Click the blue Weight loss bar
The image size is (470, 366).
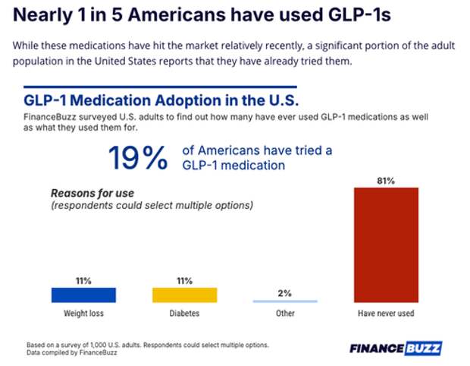pos(83,295)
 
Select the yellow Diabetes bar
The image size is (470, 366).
pos(184,295)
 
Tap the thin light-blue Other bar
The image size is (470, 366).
pos(285,301)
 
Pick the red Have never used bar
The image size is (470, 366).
pos(386,245)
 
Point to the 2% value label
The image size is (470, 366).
pos(285,293)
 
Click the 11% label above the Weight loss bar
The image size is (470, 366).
pos(83,281)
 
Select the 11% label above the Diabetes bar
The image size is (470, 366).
pos(184,281)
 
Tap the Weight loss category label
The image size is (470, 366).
pos(83,312)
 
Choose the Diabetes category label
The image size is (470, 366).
pos(184,312)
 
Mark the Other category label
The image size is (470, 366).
pos(285,312)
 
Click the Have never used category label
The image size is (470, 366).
pos(386,312)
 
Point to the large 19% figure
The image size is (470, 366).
pos(137,158)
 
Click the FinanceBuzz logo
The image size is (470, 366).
pos(396,349)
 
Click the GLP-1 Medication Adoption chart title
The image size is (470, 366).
pos(161,100)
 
